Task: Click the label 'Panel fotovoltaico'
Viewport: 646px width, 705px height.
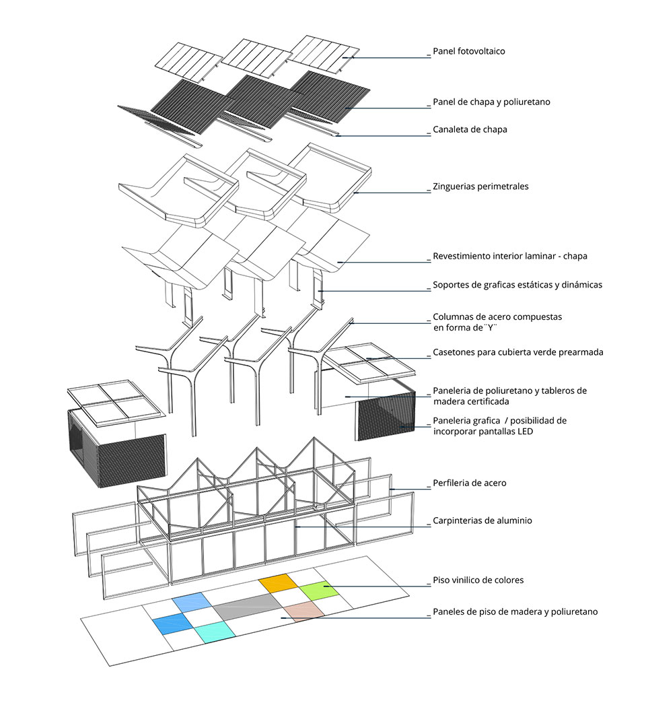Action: pyautogui.click(x=468, y=51)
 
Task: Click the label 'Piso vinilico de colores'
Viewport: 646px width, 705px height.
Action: pyautogui.click(x=478, y=580)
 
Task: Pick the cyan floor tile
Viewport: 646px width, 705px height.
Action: pyautogui.click(x=213, y=630)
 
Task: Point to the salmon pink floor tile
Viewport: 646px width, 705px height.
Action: pyautogui.click(x=303, y=611)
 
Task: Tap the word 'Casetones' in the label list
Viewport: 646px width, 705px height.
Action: pyautogui.click(x=454, y=352)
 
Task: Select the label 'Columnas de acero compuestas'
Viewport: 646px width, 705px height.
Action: pyautogui.click(x=497, y=316)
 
